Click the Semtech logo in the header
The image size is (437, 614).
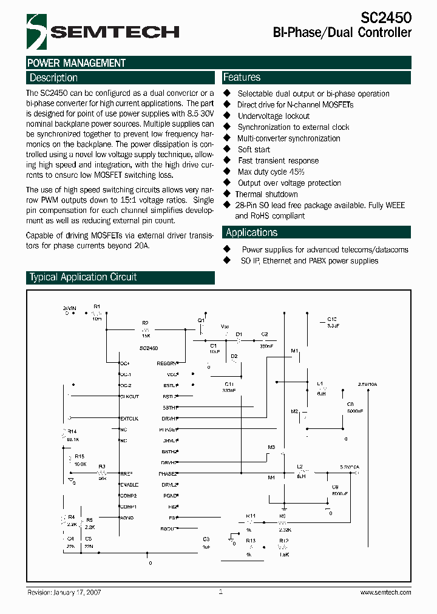click(103, 32)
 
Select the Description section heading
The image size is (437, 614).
click(53, 78)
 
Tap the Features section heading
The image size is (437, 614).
click(242, 77)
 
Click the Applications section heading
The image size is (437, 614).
click(251, 232)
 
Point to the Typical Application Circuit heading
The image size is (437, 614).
click(83, 277)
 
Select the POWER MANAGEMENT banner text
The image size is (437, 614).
click(76, 63)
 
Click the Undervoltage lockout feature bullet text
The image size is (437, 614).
click(273, 116)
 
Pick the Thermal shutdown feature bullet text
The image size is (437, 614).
click(267, 194)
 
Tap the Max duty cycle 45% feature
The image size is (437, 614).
click(271, 172)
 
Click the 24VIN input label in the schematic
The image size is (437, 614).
click(70, 309)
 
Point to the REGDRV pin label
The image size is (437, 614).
click(167, 363)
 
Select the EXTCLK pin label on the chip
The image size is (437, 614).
click(129, 419)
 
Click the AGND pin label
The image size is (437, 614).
click(127, 518)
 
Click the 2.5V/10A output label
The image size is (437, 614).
click(367, 384)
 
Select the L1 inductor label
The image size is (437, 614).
click(320, 383)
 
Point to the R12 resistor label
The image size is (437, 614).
click(283, 540)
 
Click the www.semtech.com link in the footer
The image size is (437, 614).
click(385, 592)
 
